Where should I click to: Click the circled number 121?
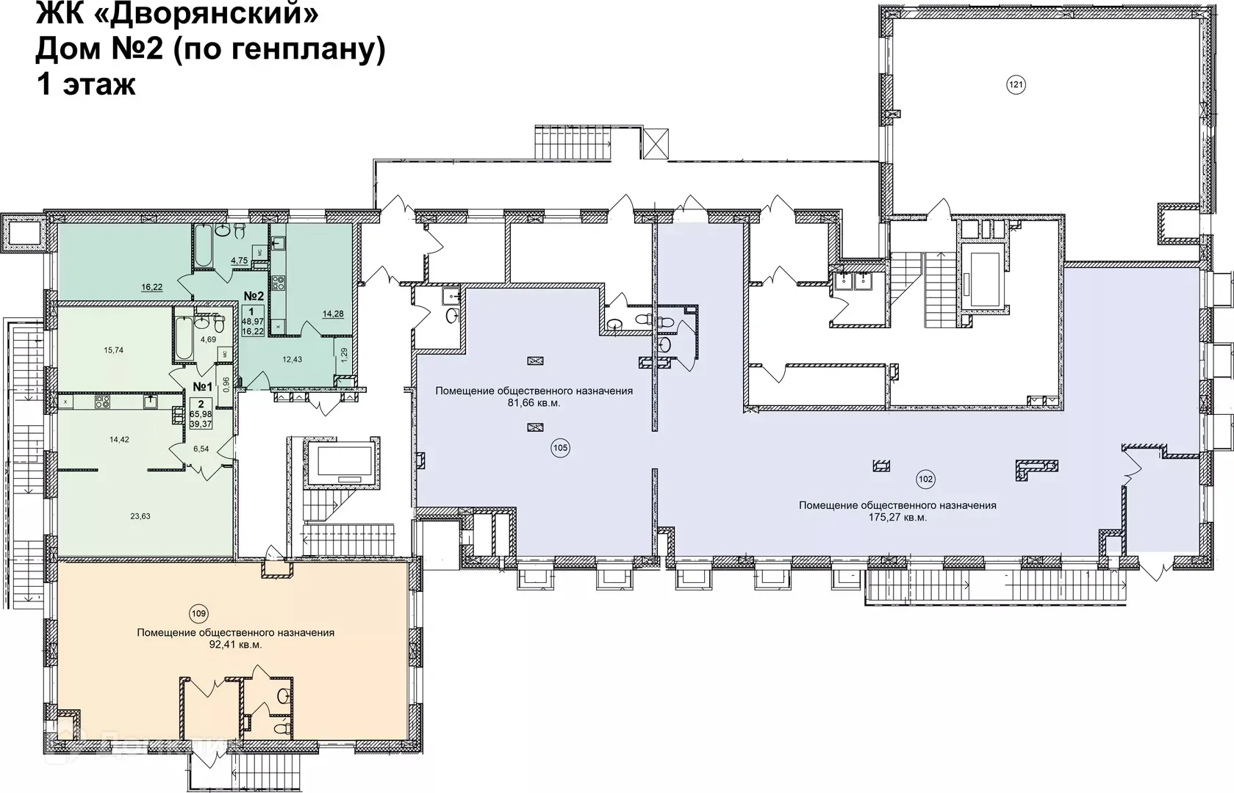coord(1015,85)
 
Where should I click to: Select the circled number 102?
coord(925,479)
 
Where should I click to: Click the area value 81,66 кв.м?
coord(534,403)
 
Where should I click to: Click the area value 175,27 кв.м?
coord(897,517)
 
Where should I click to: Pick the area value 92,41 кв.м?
coord(235,645)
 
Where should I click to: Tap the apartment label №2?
coord(254,296)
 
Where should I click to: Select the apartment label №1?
coord(203,387)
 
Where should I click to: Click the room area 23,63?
coord(140,516)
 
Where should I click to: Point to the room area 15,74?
coord(113,350)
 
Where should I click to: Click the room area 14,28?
coord(333,314)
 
